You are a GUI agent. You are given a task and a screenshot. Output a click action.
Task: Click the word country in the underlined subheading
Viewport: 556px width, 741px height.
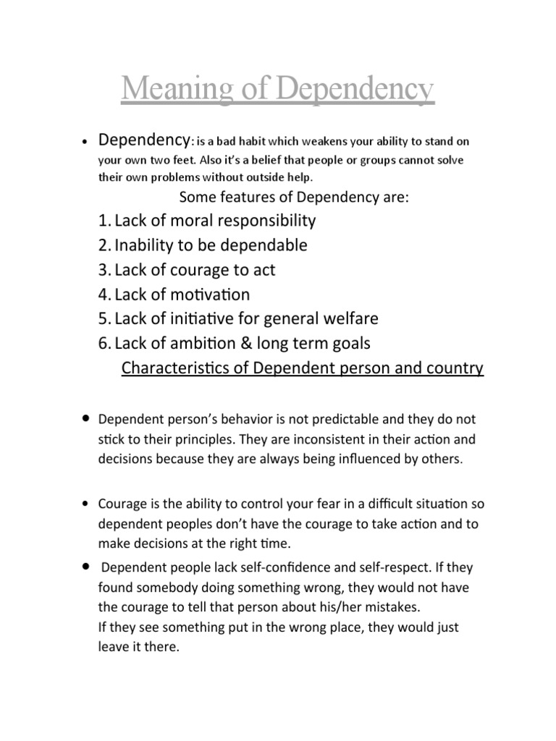[x=458, y=368]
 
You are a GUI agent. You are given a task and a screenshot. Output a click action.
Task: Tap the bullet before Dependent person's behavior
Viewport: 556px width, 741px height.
[x=86, y=418]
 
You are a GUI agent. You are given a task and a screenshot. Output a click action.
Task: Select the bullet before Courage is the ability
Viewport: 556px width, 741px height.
[x=86, y=503]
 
